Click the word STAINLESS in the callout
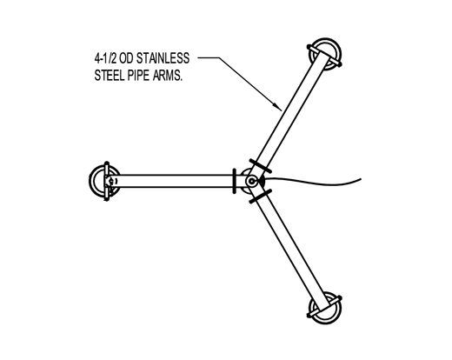[x=163, y=58]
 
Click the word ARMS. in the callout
[x=168, y=76]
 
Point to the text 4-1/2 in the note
[x=105, y=58]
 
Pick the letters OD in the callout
[x=126, y=58]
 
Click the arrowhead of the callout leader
[x=278, y=107]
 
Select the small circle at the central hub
[x=251, y=182]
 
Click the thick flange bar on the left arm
[x=234, y=181]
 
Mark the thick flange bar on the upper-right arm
[x=261, y=166]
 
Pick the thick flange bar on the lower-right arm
[x=260, y=197]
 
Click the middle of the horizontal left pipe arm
[x=176, y=181]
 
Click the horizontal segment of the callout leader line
[x=209, y=57]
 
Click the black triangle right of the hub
[x=262, y=182]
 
